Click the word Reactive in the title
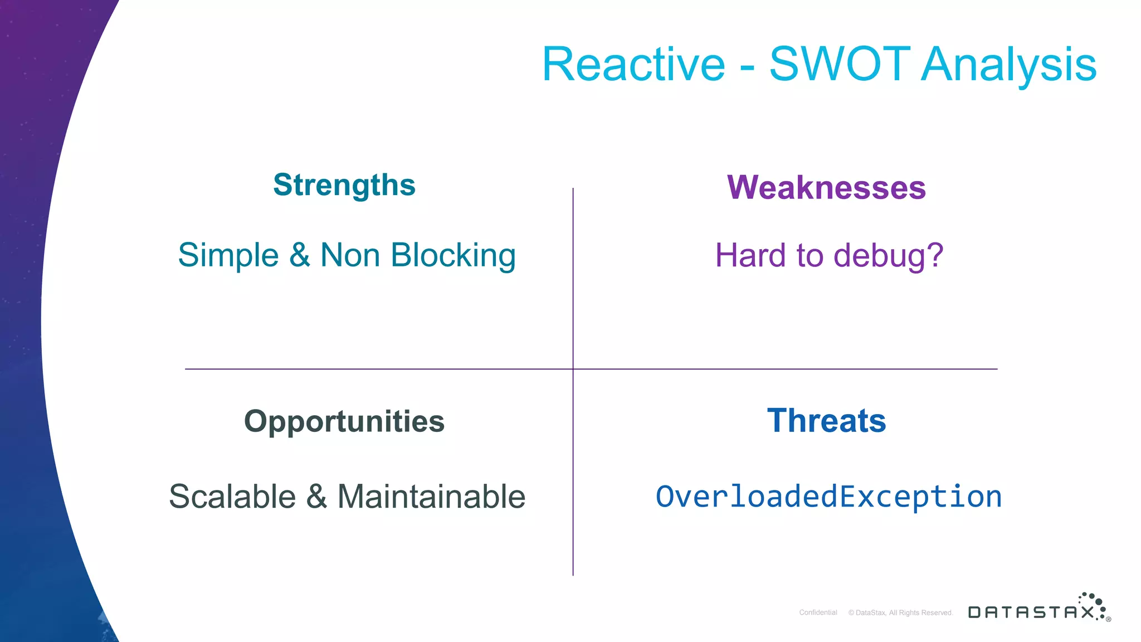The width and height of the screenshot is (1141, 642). [x=633, y=65]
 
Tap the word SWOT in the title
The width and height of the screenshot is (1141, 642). [x=840, y=65]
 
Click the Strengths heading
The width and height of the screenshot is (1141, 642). [x=344, y=185]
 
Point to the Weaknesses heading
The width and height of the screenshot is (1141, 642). [x=826, y=187]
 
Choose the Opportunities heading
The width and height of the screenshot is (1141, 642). [x=344, y=421]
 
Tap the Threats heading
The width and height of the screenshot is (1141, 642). [x=826, y=421]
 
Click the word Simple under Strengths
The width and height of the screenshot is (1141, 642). [x=228, y=256]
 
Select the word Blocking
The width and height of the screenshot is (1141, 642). [x=453, y=256]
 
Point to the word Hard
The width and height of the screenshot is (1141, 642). [x=750, y=256]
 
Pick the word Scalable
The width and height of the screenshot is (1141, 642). [x=232, y=497]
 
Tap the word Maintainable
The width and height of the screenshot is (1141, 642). [x=431, y=497]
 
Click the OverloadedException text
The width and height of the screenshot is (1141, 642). [x=828, y=497]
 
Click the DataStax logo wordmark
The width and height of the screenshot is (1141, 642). [x=1031, y=612]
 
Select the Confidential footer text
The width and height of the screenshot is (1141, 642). [x=818, y=612]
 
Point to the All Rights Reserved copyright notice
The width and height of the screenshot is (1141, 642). [x=900, y=612]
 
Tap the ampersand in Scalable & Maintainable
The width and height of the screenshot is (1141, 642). [x=316, y=497]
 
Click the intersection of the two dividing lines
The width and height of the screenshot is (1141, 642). [x=573, y=369]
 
